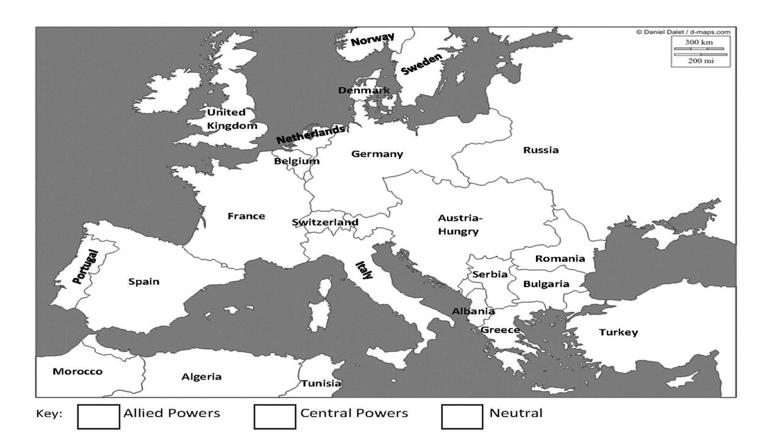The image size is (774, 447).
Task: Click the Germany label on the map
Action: click(x=377, y=154)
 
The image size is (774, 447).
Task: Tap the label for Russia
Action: click(x=541, y=150)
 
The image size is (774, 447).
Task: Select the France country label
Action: click(x=246, y=216)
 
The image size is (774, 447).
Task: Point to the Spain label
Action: click(x=144, y=281)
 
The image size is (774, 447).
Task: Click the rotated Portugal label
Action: click(x=85, y=267)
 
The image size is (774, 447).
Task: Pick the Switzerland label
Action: click(x=325, y=222)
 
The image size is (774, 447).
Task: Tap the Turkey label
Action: click(x=618, y=332)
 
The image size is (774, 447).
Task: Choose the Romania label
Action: click(x=560, y=259)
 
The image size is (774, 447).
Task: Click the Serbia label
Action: click(x=489, y=274)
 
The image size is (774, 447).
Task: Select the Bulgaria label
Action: click(x=546, y=284)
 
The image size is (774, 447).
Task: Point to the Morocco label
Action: click(x=77, y=371)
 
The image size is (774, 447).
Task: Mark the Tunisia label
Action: click(x=321, y=383)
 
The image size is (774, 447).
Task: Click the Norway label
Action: click(x=372, y=39)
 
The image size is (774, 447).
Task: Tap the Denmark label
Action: click(x=364, y=90)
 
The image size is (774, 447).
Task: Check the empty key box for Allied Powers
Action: click(x=98, y=417)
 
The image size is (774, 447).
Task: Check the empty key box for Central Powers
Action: click(x=275, y=417)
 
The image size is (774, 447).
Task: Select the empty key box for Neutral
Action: click(x=462, y=417)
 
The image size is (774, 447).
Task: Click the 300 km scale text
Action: click(x=699, y=42)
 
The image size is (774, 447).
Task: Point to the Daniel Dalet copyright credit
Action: click(x=683, y=32)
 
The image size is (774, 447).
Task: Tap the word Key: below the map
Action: click(x=49, y=414)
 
